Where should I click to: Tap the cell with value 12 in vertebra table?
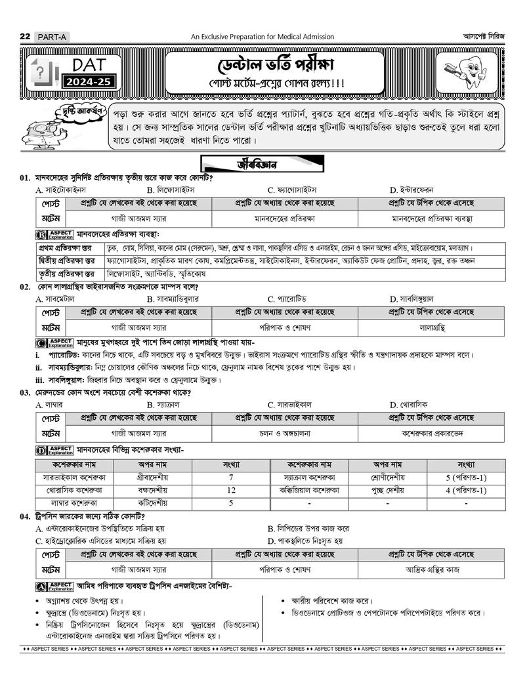click(231, 489)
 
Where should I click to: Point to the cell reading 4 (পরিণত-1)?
click(465, 489)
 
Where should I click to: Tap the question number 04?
click(25, 516)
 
